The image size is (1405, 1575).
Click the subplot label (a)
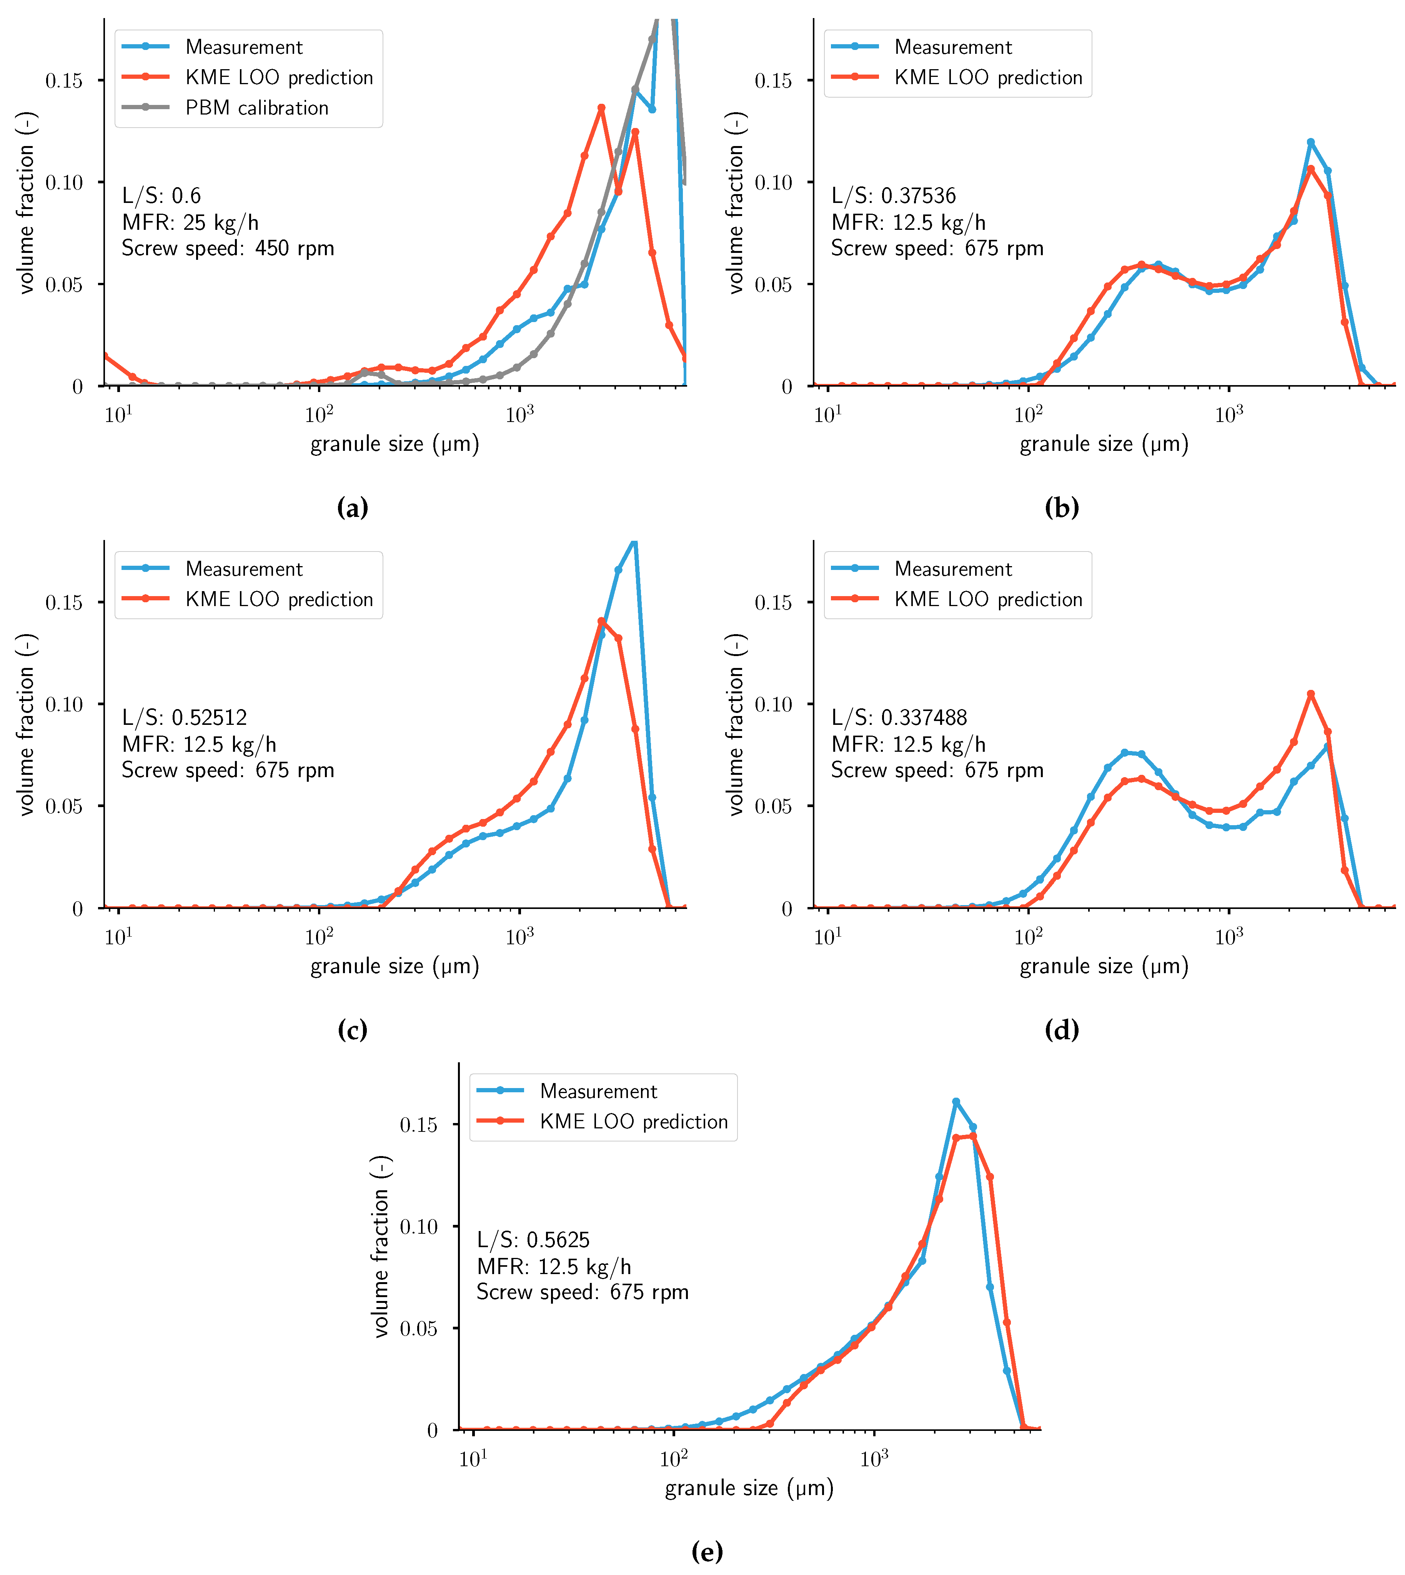pyautogui.click(x=353, y=508)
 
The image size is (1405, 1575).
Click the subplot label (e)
pyautogui.click(x=707, y=1551)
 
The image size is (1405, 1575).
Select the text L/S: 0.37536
pyautogui.click(x=893, y=196)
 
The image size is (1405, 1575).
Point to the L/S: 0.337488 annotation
pyautogui.click(x=899, y=718)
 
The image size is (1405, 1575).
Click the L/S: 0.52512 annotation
pyautogui.click(x=185, y=718)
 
